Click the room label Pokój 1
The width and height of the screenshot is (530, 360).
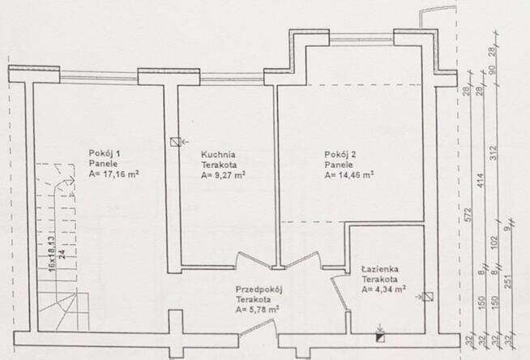(105, 153)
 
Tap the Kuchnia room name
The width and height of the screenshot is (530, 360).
(218, 155)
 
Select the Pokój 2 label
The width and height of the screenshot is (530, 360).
(340, 155)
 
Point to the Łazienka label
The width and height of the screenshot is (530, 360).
(380, 269)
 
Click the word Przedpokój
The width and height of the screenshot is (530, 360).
(259, 289)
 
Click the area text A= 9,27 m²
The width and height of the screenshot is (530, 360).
(223, 175)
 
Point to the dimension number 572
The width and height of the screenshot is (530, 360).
(468, 215)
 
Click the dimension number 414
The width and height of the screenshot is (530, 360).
(481, 181)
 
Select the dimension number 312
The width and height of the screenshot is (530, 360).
(494, 152)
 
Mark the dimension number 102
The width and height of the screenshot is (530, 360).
(494, 242)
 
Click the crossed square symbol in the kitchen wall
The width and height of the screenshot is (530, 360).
(175, 142)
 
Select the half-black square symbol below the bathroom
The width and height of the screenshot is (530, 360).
(380, 337)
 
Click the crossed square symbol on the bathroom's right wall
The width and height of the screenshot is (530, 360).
(428, 297)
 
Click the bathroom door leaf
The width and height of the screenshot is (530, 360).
(339, 293)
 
